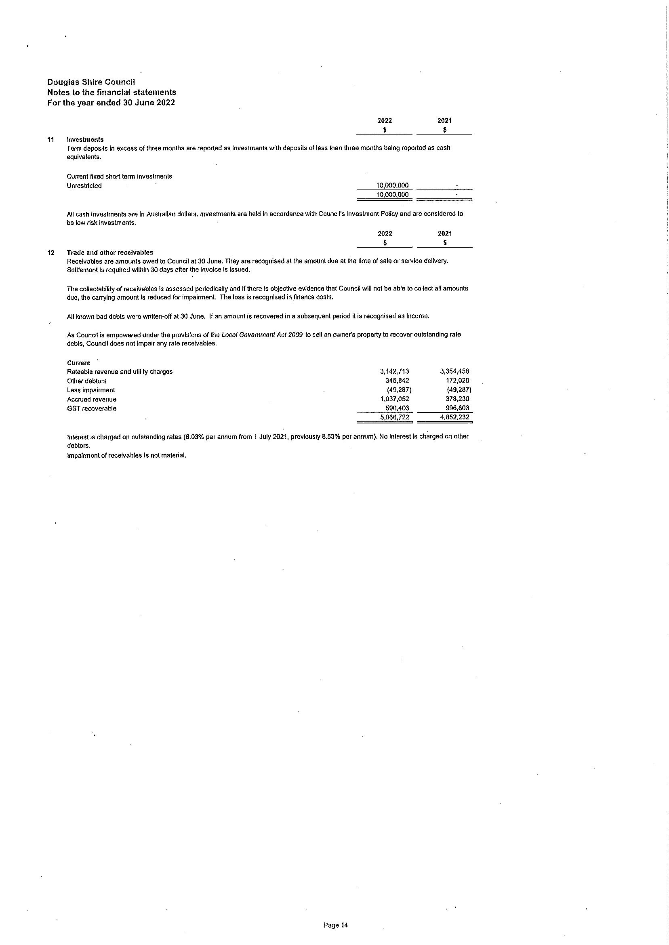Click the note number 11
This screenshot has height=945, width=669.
pyautogui.click(x=51, y=140)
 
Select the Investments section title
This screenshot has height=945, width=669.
pyautogui.click(x=85, y=140)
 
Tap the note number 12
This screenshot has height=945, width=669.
pyautogui.click(x=51, y=253)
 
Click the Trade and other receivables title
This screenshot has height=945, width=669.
pyautogui.click(x=110, y=253)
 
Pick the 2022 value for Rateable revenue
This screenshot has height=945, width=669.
pyautogui.click(x=395, y=372)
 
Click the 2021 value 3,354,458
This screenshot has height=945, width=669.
pyautogui.click(x=455, y=372)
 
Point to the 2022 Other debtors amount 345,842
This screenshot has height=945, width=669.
pyautogui.click(x=397, y=381)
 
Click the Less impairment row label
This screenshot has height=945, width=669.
pyautogui.click(x=91, y=390)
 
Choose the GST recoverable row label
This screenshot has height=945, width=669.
pyautogui.click(x=92, y=408)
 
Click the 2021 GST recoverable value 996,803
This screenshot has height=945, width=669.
pyautogui.click(x=457, y=408)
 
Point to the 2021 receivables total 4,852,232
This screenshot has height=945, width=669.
pyautogui.click(x=455, y=417)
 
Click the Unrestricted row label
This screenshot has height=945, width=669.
pyautogui.click(x=84, y=186)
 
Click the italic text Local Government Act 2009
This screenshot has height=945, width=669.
pyautogui.click(x=262, y=335)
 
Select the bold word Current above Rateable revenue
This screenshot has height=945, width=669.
pyautogui.click(x=79, y=363)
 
